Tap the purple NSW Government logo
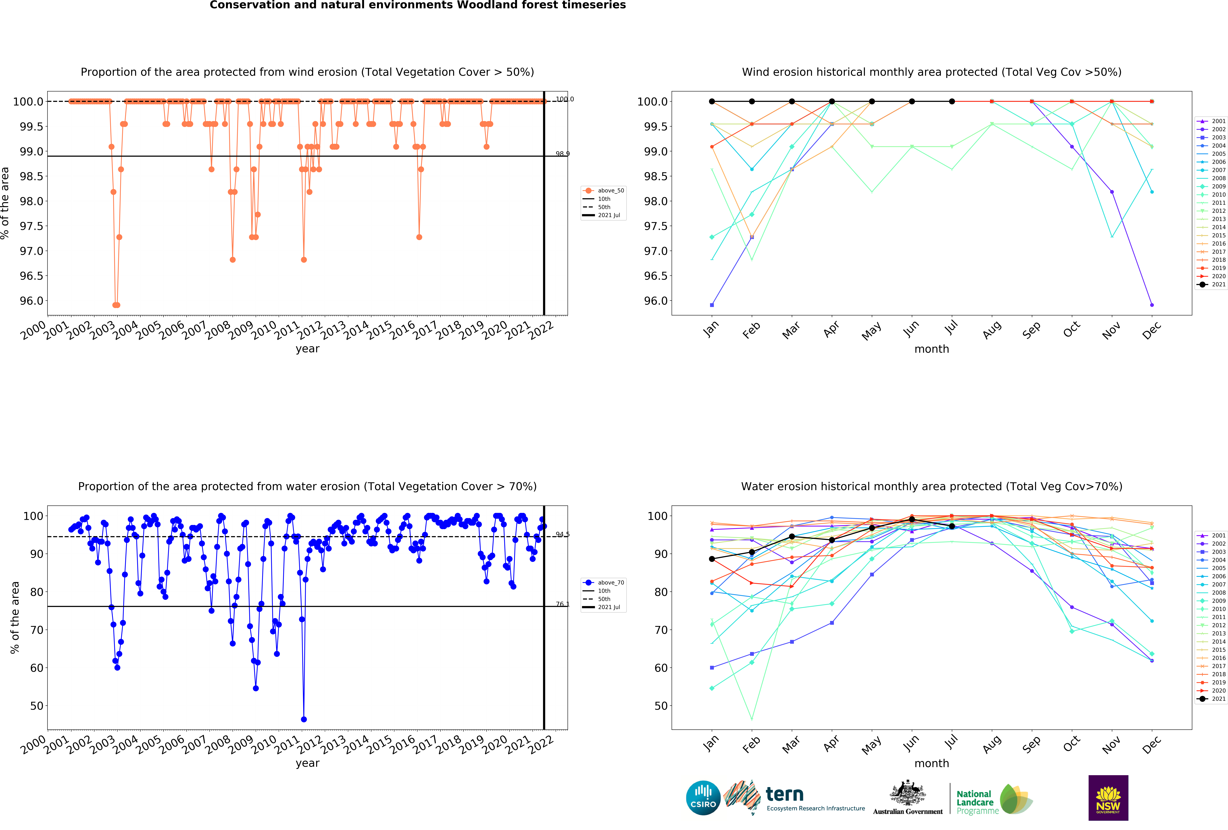pos(1108,798)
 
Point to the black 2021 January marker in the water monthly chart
pos(712,559)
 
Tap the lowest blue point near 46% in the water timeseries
pos(304,719)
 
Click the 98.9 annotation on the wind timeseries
pos(562,154)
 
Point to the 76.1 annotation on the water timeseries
pos(562,604)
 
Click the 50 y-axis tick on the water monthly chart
pos(660,706)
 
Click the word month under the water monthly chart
pos(932,763)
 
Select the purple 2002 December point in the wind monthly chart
pos(1152,305)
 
